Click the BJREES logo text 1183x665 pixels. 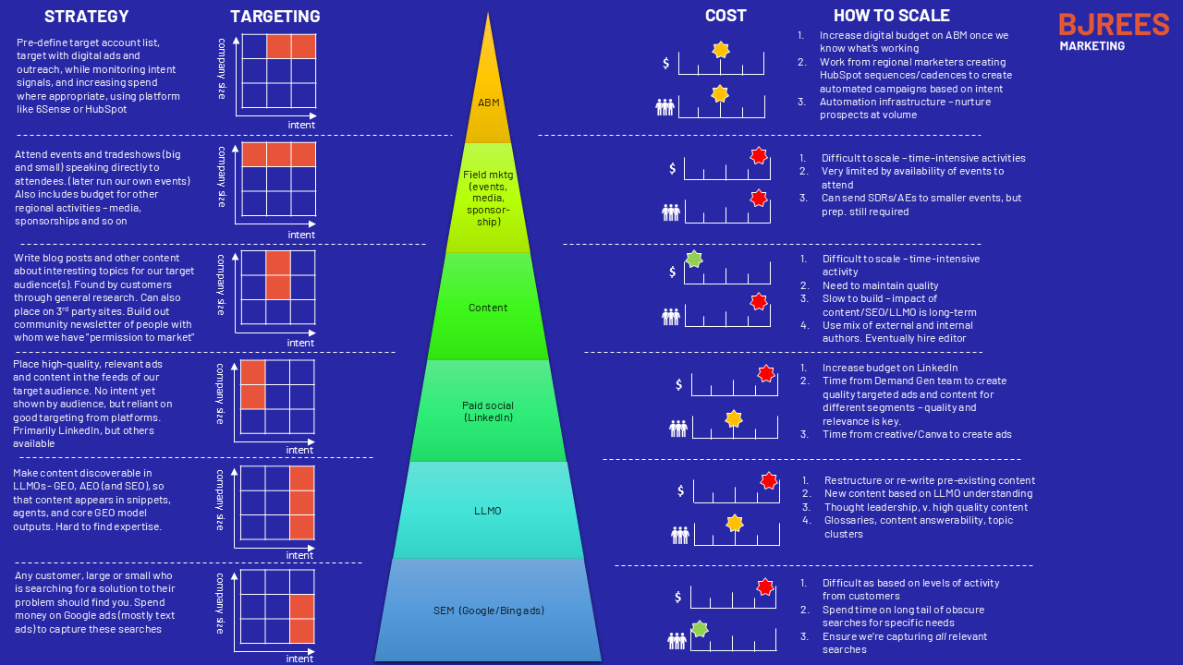click(1114, 25)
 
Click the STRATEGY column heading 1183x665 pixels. click(87, 17)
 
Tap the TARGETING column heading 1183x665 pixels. click(275, 17)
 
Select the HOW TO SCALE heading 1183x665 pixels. click(892, 16)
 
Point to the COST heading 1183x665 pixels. click(726, 16)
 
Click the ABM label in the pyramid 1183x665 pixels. click(489, 103)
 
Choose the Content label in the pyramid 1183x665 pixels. click(488, 308)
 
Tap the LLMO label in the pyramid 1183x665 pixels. click(488, 511)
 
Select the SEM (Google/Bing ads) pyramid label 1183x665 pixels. click(488, 611)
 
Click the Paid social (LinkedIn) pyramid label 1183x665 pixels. click(488, 412)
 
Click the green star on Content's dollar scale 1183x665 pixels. click(694, 260)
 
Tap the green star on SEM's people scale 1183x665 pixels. click(700, 629)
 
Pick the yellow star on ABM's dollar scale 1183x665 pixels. click(721, 50)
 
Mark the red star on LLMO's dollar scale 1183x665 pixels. click(769, 480)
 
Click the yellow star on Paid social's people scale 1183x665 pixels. click(734, 418)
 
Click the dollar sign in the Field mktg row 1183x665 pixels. click(674, 168)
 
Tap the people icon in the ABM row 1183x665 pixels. click(665, 107)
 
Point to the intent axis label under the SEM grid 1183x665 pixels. click(299, 659)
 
